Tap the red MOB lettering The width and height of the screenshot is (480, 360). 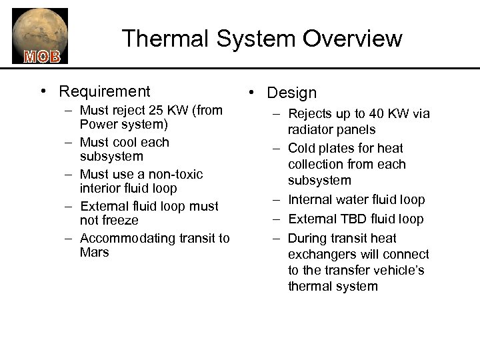(42, 55)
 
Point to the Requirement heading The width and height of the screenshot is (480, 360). (105, 91)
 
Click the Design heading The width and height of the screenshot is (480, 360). (291, 93)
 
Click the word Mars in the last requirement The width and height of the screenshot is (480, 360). (94, 253)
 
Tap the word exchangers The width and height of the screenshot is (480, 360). (323, 255)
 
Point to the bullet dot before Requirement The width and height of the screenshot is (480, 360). (42, 91)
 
